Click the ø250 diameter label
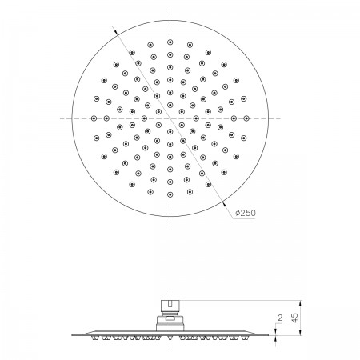pyautogui.click(x=246, y=213)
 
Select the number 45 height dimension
pyautogui.click(x=295, y=318)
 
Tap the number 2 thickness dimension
pyautogui.click(x=280, y=318)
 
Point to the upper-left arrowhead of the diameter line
pyautogui.click(x=115, y=32)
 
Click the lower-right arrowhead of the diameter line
pyautogui.click(x=224, y=204)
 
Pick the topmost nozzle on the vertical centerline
pyautogui.click(x=170, y=42)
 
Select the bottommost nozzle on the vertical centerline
pyautogui.click(x=170, y=194)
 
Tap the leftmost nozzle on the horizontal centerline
pyautogui.click(x=94, y=118)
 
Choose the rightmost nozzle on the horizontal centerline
pyautogui.click(x=246, y=118)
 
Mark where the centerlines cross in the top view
pyautogui.click(x=170, y=118)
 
